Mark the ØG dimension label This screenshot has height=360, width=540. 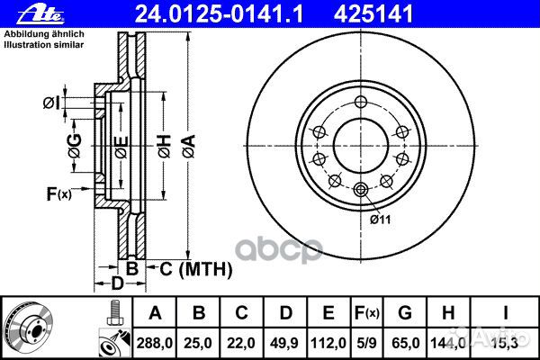[75, 144]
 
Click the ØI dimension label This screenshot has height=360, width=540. [50, 102]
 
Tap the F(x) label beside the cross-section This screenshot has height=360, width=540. [59, 193]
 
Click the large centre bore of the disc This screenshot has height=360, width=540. [361, 144]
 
